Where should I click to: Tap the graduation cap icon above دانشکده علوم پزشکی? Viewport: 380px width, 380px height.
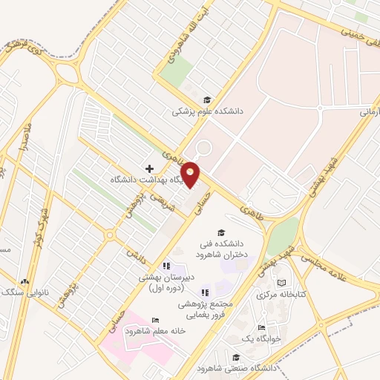pyautogui.click(x=206, y=100)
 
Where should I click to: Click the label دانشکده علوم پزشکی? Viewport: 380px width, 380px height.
pyautogui.click(x=208, y=111)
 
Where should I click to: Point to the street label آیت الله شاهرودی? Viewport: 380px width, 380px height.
pyautogui.click(x=183, y=45)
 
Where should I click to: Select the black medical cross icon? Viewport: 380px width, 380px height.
pyautogui.click(x=149, y=168)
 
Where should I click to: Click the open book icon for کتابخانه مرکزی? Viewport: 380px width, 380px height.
pyautogui.click(x=281, y=283)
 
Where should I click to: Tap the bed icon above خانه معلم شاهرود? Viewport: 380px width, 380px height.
pyautogui.click(x=154, y=320)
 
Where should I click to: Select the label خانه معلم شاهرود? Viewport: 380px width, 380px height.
pyautogui.click(x=155, y=331)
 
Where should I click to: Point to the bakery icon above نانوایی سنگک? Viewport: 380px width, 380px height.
pyautogui.click(x=26, y=281)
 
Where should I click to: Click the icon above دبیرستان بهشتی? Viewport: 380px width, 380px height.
pyautogui.click(x=167, y=265)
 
